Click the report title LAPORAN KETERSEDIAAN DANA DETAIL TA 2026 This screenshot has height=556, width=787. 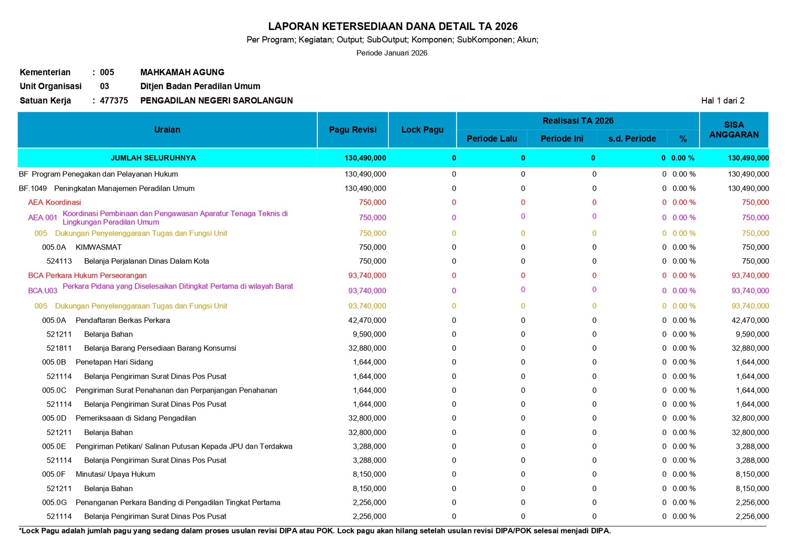coord(393,27)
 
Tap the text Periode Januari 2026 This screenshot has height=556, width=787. coord(392,53)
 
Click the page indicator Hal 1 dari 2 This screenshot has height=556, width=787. coord(723,101)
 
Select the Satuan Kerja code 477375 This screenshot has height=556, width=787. coord(114,101)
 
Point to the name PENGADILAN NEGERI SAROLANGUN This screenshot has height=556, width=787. coord(216,101)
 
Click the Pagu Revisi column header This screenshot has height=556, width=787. coord(353,130)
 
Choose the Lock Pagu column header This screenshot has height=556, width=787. coord(422,130)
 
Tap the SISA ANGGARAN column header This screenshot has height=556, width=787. coord(734,130)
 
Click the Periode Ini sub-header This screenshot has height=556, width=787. coord(562,139)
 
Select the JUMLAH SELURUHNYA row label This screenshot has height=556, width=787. coord(153,158)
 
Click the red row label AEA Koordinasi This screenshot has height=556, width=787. coord(55,202)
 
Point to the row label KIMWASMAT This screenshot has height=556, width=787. coord(98,247)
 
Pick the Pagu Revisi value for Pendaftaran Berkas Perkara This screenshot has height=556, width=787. coord(367,320)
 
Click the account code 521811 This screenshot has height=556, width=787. coord(59,348)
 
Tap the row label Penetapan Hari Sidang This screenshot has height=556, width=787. coord(114,362)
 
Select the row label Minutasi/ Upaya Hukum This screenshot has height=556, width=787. coord(115,474)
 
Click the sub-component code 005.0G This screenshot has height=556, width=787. coord(54,502)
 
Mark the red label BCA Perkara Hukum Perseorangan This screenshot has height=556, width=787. coord(87,276)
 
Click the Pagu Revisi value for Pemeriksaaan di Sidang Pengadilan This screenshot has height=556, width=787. coord(367,418)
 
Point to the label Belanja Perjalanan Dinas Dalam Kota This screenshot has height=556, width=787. coord(146,261)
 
